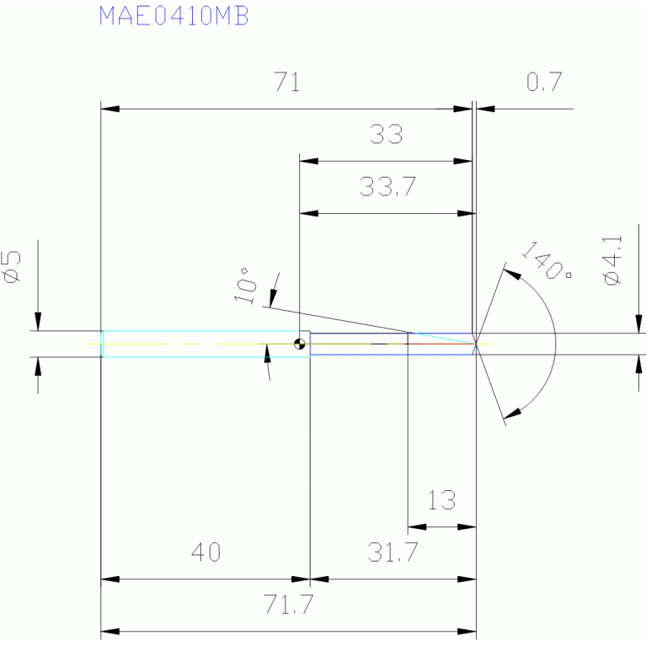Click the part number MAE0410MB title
(174, 16)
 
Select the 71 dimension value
(287, 83)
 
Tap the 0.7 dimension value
(543, 83)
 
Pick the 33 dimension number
(386, 134)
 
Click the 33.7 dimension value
(387, 187)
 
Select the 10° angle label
(245, 285)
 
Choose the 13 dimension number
(441, 501)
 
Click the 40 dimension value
(206, 553)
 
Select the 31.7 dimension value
(392, 553)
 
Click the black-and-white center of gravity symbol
(299, 344)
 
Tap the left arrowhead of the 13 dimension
(416, 527)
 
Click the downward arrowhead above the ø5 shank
(38, 322)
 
